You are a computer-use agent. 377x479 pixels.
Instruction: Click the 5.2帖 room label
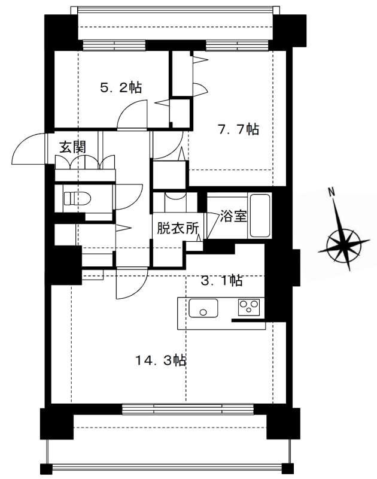pos(121,88)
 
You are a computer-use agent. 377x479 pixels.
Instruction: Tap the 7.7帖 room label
pos(238,129)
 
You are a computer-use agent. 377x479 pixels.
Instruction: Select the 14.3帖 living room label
pos(161,361)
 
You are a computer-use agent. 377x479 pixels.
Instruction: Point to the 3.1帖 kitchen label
pos(222,280)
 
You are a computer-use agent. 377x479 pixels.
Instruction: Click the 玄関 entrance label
pos(72,147)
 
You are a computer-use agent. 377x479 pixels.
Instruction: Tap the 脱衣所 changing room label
pos(178,228)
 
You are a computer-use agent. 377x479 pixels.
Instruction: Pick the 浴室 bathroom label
pos(233,216)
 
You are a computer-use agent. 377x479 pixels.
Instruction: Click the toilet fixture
pos(78,199)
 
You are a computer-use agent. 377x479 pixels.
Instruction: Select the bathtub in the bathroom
pos(260,216)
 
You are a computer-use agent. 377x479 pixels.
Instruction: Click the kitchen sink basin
pos(203,308)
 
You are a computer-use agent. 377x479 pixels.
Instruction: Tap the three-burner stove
pos(249,307)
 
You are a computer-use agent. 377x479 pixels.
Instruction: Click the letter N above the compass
pos(331,192)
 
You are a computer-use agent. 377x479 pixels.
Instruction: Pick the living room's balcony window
pos(188,410)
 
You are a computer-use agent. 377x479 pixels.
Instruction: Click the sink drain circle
pos(203,312)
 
